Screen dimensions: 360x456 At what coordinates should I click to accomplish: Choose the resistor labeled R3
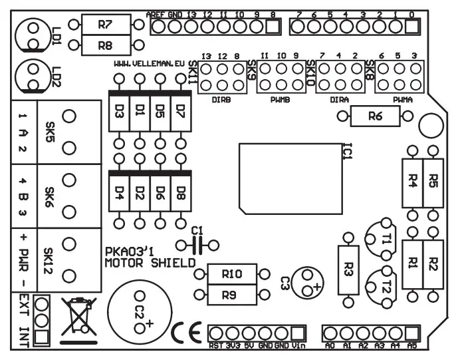point(348,270)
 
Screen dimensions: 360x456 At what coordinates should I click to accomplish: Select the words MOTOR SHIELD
point(150,263)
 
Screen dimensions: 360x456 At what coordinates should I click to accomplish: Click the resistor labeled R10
point(232,273)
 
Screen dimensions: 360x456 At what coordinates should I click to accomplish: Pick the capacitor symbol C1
point(196,245)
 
